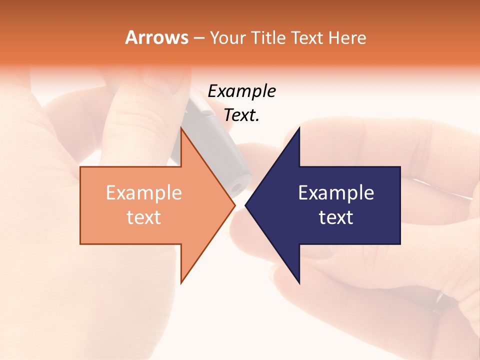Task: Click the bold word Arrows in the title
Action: click(x=156, y=37)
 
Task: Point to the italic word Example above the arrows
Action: click(x=241, y=91)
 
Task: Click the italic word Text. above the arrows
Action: click(x=241, y=115)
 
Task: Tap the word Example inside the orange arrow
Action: click(x=143, y=193)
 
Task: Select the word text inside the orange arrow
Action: click(x=143, y=217)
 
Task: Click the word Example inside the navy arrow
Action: click(x=336, y=193)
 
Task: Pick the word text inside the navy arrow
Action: click(x=336, y=217)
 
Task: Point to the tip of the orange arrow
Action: click(x=235, y=205)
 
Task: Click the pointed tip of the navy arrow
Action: click(x=245, y=205)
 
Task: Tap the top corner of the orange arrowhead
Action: click(x=181, y=127)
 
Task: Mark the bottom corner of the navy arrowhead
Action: click(x=299, y=283)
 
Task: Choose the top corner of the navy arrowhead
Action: click(x=299, y=128)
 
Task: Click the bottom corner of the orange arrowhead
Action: click(x=181, y=283)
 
